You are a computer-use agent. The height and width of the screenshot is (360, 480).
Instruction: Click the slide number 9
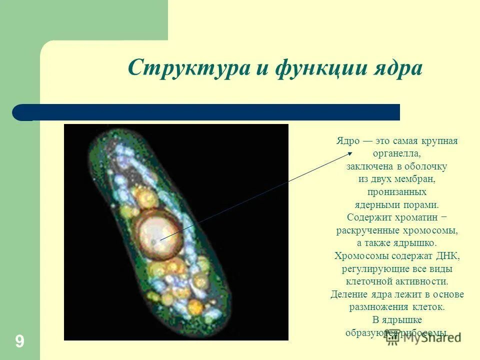point(19,342)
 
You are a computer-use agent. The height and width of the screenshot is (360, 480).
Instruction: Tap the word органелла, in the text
point(397,153)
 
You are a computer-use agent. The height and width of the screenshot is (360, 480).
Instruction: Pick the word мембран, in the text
point(414,179)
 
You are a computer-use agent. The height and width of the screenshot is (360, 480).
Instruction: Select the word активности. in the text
point(422,281)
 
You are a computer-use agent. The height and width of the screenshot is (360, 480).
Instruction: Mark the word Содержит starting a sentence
point(367,218)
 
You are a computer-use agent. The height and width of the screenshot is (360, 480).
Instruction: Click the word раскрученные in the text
point(367,231)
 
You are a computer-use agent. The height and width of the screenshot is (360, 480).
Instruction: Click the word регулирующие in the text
point(370,269)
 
